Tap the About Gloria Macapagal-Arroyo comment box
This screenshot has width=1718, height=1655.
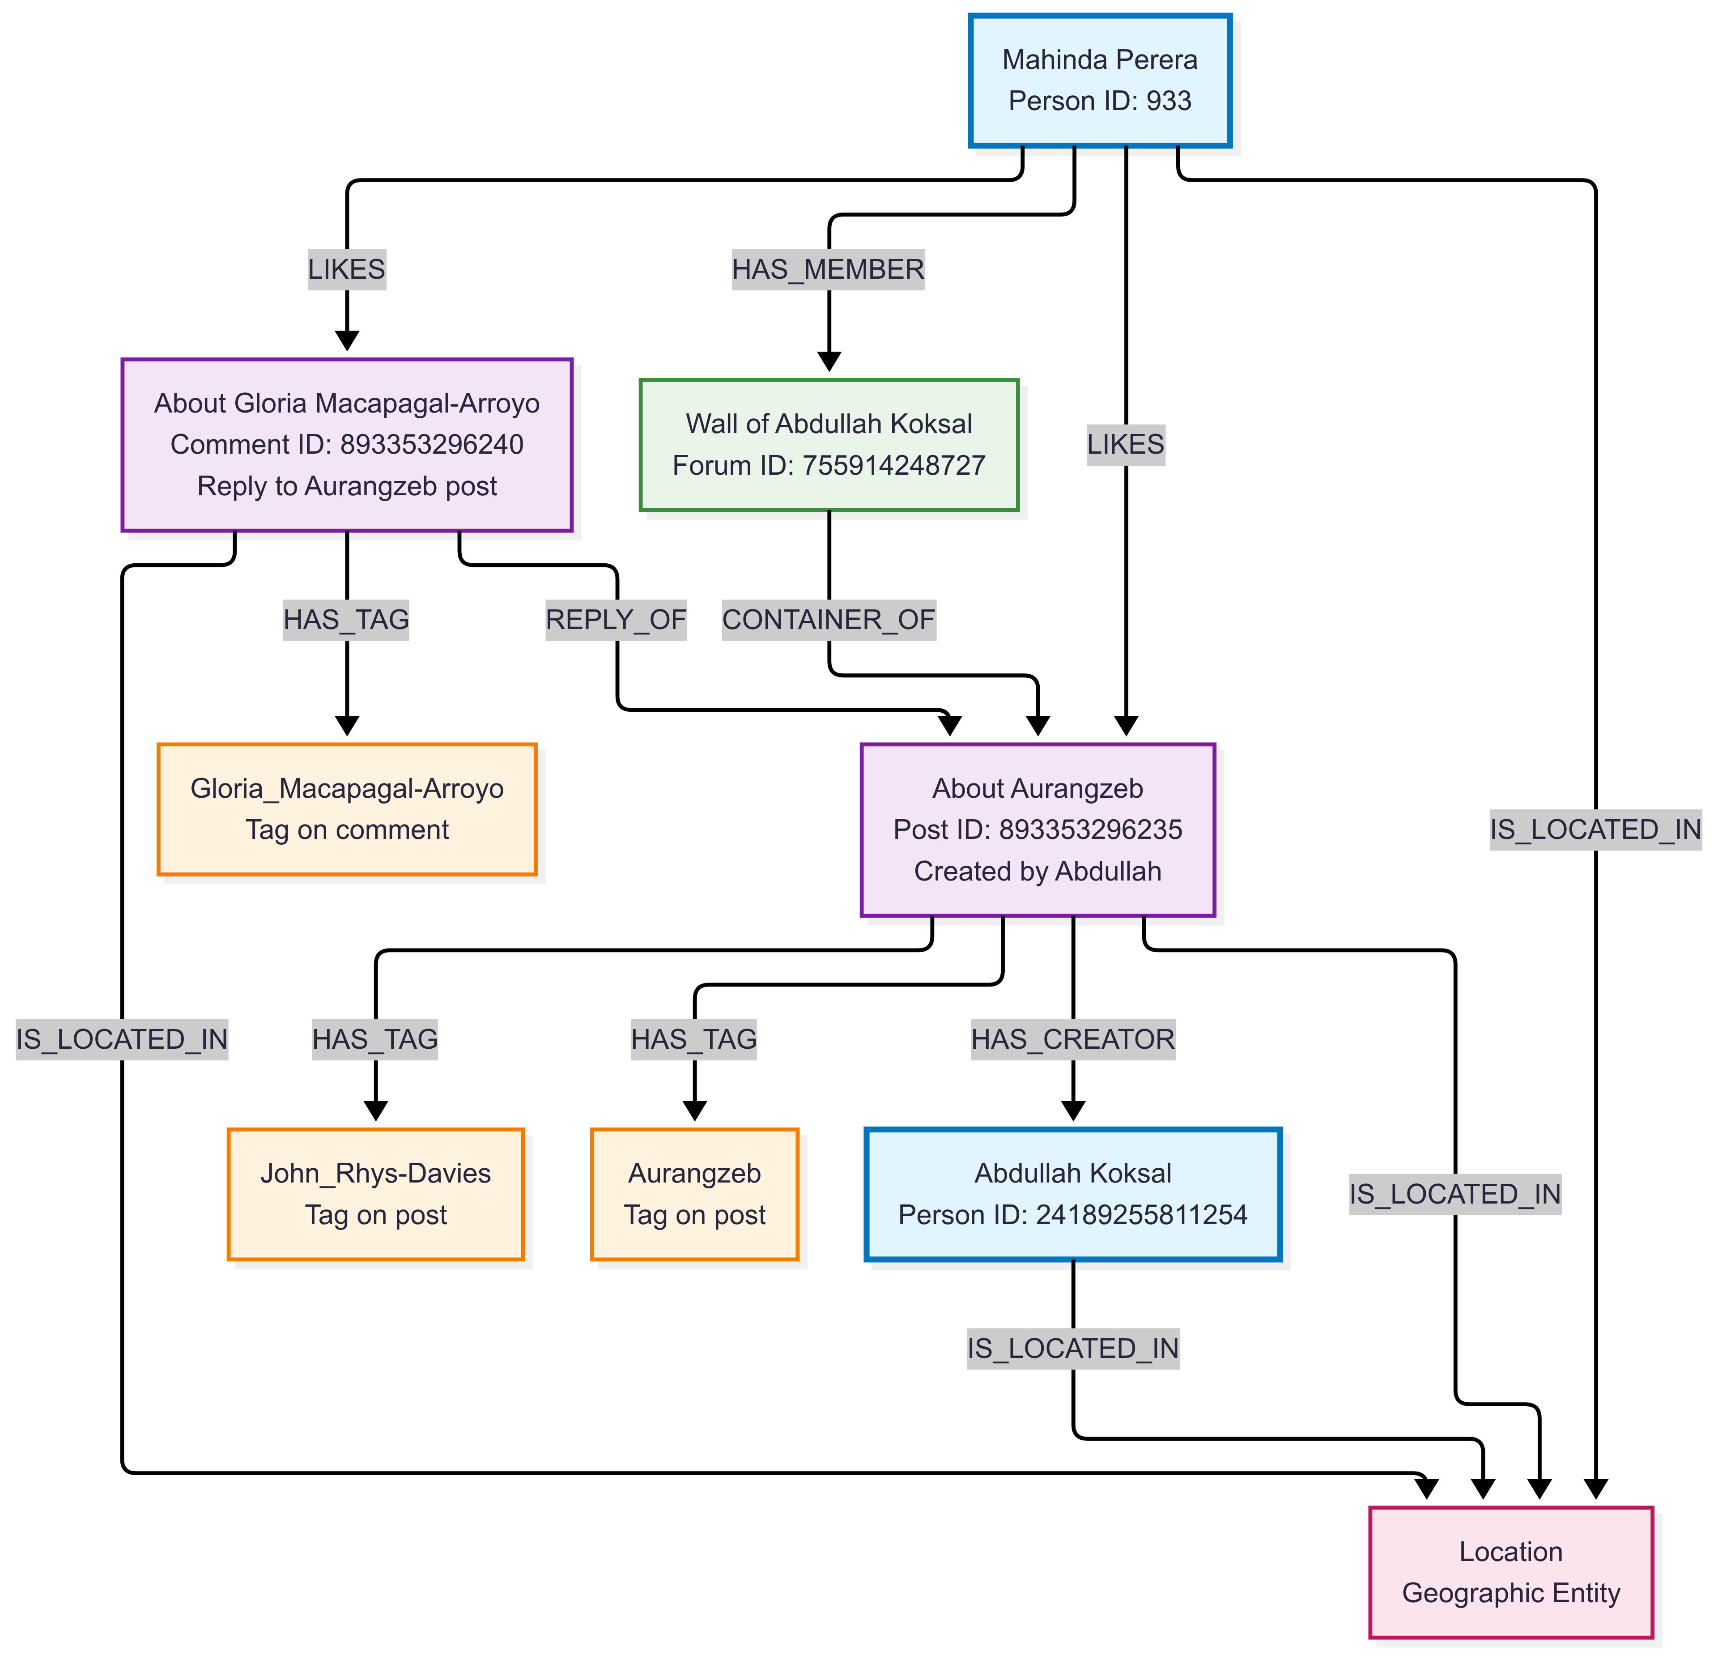(x=347, y=444)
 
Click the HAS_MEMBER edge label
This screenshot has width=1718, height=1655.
(x=828, y=269)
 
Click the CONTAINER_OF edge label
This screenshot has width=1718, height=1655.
(x=828, y=620)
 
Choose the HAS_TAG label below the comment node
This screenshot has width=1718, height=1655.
(x=346, y=620)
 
